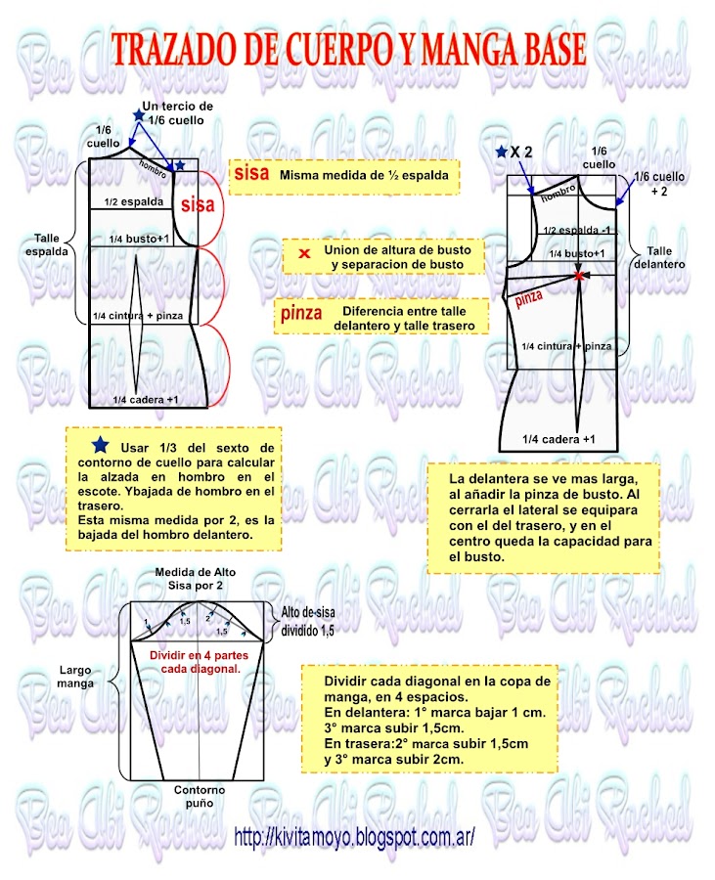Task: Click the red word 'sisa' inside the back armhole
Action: [198, 205]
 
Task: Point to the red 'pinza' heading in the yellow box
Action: [300, 314]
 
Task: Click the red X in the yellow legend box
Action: [304, 254]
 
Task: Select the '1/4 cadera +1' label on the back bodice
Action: [145, 399]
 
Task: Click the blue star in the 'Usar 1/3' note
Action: [100, 443]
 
